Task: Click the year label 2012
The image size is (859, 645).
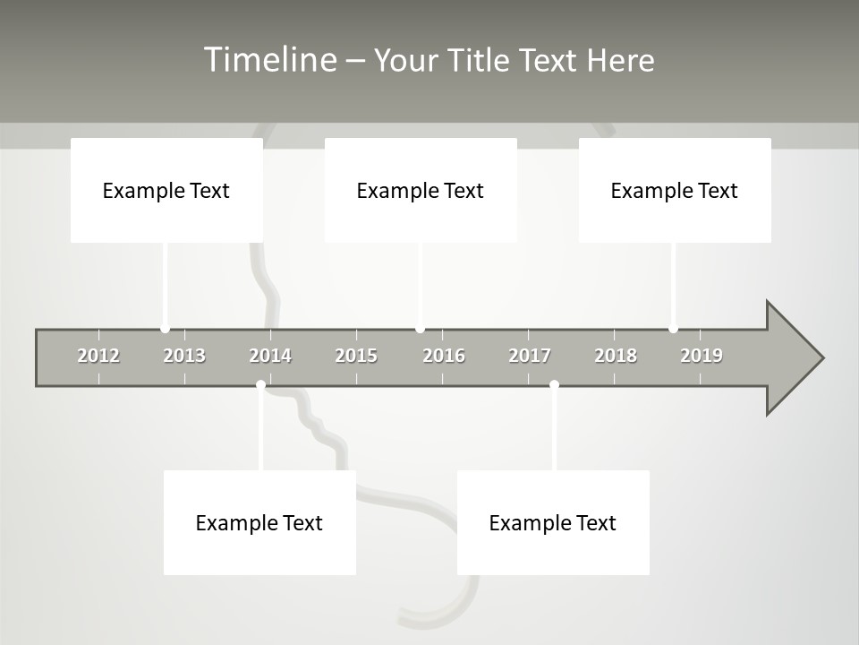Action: click(x=98, y=356)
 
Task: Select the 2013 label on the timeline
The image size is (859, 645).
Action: click(x=184, y=356)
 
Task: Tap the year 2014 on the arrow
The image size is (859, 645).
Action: click(x=270, y=356)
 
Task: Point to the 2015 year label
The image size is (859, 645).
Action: click(x=356, y=356)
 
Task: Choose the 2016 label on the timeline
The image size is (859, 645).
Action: click(x=444, y=356)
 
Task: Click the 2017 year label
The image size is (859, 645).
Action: click(x=530, y=356)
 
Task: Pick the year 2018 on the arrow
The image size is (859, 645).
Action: click(x=616, y=356)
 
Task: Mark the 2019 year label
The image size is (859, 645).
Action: click(x=702, y=356)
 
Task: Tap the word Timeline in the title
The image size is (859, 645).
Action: click(x=269, y=60)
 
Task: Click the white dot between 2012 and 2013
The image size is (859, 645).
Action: click(x=166, y=329)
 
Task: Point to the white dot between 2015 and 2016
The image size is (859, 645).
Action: click(x=421, y=329)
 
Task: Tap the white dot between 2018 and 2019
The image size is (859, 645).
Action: click(x=674, y=329)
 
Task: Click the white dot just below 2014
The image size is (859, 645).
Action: click(x=260, y=385)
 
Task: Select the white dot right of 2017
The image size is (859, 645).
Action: click(x=554, y=385)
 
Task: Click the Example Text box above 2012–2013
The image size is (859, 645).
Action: click(x=166, y=190)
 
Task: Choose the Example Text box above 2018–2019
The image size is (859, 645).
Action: click(x=675, y=190)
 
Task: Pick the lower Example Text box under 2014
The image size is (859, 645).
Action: click(x=259, y=522)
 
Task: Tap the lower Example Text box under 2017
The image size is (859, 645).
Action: click(x=553, y=522)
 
